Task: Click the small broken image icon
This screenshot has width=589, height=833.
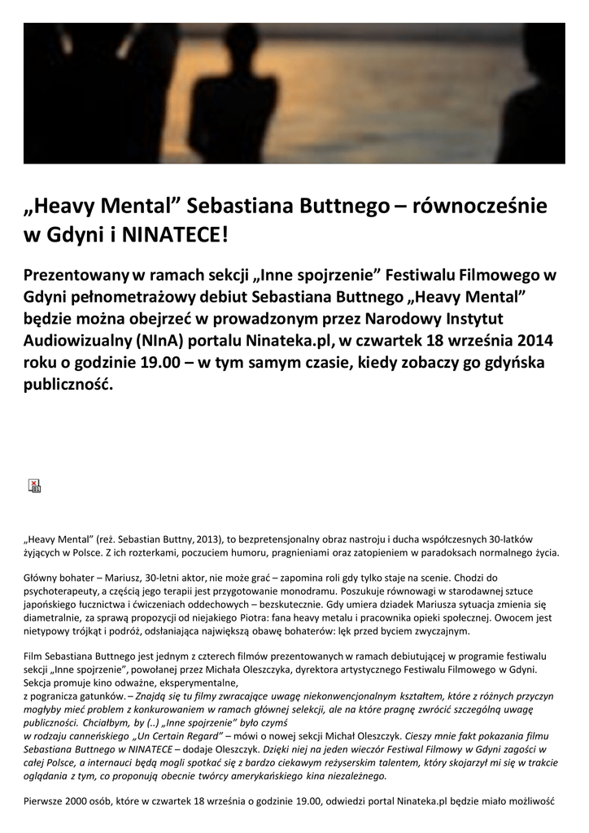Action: tap(34, 486)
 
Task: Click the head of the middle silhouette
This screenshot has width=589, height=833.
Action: tap(241, 41)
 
